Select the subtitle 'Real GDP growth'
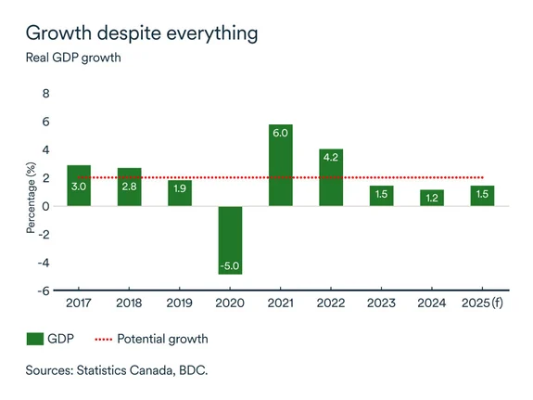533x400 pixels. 73,58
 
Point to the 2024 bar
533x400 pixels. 432,198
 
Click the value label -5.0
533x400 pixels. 230,266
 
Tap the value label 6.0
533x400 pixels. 281,133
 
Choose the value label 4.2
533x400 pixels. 331,158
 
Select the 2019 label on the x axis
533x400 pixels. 180,303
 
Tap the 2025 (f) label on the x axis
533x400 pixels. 483,303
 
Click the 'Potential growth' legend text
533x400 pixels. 162,339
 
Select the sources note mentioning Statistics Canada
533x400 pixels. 117,370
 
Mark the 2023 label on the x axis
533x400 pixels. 382,303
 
